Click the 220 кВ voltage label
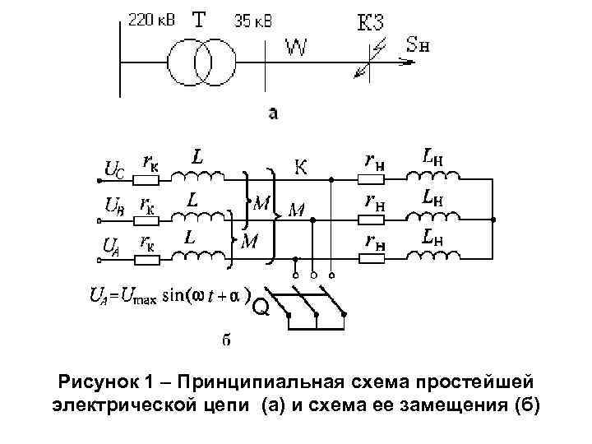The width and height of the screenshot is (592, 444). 150,21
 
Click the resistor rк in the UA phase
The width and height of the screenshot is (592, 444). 149,260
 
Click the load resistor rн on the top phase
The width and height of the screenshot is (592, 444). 372,178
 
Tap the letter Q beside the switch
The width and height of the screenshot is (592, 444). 260,308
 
